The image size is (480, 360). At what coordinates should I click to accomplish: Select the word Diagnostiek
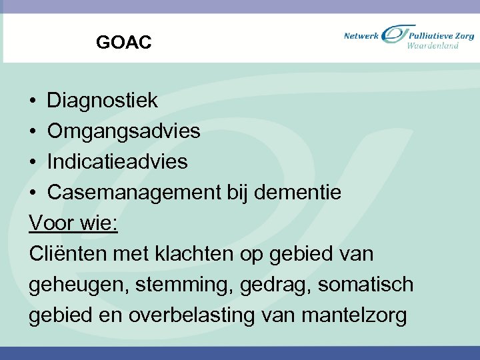point(102,101)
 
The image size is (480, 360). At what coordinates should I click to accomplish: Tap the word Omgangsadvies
point(123,131)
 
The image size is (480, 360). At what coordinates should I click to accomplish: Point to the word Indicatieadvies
point(117,162)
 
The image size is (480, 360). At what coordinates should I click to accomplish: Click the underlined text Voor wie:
point(73,223)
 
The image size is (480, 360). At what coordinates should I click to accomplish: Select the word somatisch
point(366,285)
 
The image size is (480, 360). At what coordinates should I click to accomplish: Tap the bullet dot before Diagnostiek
point(33,101)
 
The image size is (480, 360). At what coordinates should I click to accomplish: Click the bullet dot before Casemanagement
point(33,193)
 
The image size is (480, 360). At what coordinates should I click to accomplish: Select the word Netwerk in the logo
point(361,35)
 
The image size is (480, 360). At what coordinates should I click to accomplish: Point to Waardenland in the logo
point(433,46)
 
